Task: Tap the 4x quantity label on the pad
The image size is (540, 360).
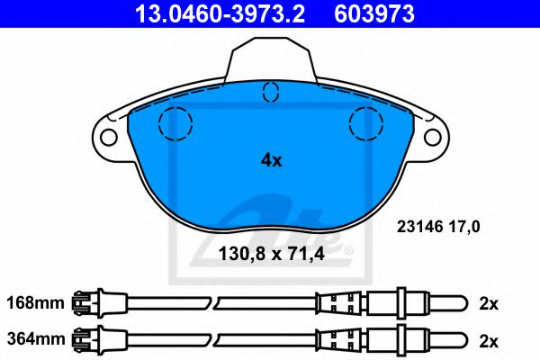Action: [x=271, y=161]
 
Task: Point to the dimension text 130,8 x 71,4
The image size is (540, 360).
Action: [x=270, y=255]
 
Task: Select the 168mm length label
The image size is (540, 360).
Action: [x=35, y=303]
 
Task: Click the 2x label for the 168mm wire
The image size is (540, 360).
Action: [x=489, y=303]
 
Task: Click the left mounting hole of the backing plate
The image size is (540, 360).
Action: [x=109, y=138]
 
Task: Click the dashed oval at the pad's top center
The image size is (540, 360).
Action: [x=270, y=91]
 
